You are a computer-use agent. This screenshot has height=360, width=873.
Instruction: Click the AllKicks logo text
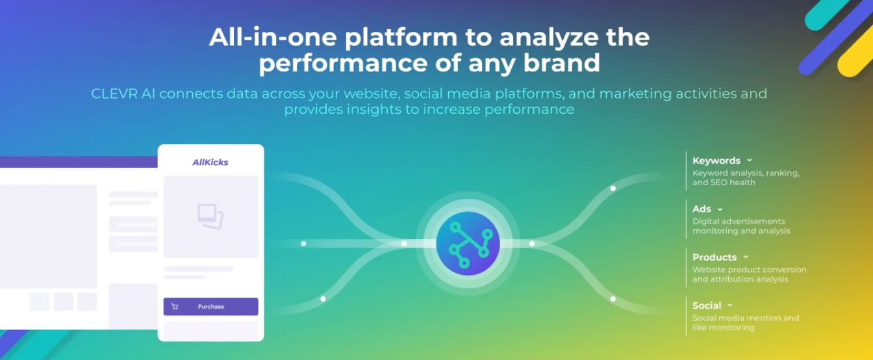(210, 162)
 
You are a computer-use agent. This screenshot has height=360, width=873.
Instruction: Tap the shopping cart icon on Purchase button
(175, 307)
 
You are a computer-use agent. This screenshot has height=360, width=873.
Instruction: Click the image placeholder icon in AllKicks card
(210, 216)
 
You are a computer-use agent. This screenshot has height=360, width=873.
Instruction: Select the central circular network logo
(468, 244)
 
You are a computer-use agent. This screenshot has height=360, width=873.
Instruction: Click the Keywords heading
(716, 161)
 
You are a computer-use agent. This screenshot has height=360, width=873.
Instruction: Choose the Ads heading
(702, 209)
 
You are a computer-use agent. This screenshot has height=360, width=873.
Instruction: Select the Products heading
(715, 257)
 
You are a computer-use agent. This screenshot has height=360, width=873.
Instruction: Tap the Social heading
(707, 305)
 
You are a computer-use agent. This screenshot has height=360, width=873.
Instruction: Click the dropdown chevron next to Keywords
(750, 161)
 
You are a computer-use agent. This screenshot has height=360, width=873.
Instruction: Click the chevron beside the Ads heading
(720, 209)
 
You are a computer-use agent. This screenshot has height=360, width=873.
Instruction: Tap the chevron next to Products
(746, 257)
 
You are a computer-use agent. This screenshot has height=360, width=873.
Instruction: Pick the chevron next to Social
(730, 305)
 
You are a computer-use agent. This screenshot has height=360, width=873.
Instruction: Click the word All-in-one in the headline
(273, 37)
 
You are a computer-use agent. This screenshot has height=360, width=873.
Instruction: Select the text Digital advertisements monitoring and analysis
(740, 226)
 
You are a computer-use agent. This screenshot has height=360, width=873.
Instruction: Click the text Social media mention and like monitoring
(745, 323)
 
